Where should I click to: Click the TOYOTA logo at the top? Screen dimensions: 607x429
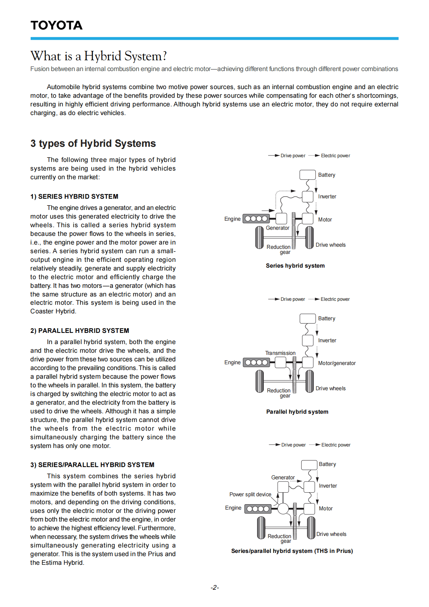pyautogui.click(x=57, y=25)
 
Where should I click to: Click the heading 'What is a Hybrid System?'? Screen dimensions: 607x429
pyautogui.click(x=99, y=56)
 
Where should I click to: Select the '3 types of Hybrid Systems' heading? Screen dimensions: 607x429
pyautogui.click(x=93, y=144)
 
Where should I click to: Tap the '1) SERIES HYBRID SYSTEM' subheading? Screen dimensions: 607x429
pyautogui.click(x=74, y=197)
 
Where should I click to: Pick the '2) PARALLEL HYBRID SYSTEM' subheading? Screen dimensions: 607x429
pyautogui.click(x=80, y=331)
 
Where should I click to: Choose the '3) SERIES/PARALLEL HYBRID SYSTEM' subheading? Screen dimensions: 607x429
pyautogui.click(x=92, y=465)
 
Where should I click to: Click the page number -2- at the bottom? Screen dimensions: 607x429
pyautogui.click(x=215, y=588)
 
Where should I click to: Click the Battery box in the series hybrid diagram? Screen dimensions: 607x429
pyautogui.click(x=307, y=175)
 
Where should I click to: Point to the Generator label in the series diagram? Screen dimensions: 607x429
pyautogui.click(x=277, y=228)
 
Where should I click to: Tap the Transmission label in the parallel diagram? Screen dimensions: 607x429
pyautogui.click(x=280, y=353)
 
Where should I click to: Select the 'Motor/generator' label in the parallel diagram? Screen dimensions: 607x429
pyautogui.click(x=337, y=363)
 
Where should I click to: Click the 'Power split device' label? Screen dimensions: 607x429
pyautogui.click(x=250, y=494)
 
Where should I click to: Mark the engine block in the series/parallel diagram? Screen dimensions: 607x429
pyautogui.click(x=258, y=509)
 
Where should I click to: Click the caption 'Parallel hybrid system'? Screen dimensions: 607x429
pyautogui.click(x=297, y=412)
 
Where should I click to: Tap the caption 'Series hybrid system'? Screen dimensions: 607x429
pyautogui.click(x=295, y=266)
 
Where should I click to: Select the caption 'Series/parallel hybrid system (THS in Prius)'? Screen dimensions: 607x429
pyautogui.click(x=292, y=551)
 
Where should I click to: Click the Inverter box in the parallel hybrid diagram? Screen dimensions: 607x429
pyautogui.click(x=308, y=340)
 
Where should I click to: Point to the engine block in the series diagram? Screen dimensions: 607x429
pyautogui.click(x=256, y=219)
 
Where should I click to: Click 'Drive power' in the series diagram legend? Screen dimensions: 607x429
pyautogui.click(x=293, y=156)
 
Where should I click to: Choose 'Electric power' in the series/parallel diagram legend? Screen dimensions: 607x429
pyautogui.click(x=336, y=445)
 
